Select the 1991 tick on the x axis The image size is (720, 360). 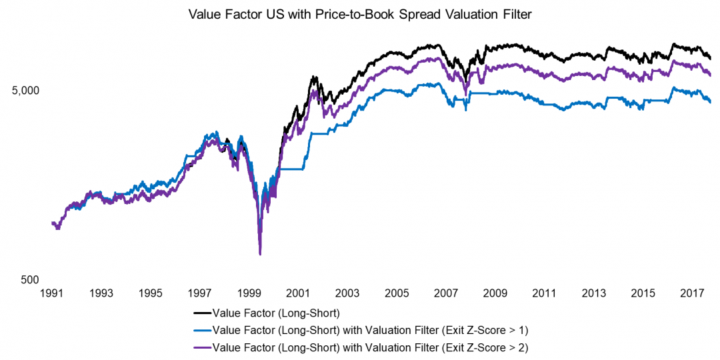point(52,293)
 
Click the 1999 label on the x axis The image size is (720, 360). point(249,293)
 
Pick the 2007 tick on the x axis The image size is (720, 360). point(445,293)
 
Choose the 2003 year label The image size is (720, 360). point(347,293)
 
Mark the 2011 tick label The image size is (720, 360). point(544,293)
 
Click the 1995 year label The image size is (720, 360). point(151,293)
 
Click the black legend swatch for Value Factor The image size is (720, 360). point(202,312)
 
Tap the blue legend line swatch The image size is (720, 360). point(202,329)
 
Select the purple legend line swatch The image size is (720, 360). point(202,347)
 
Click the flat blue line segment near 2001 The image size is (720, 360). point(291,169)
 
